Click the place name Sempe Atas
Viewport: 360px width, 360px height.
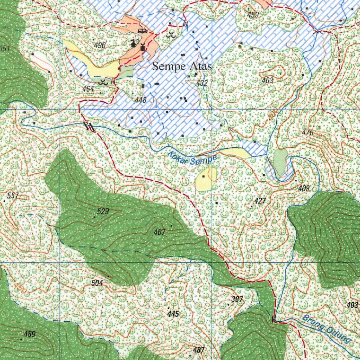pyautogui.click(x=182, y=66)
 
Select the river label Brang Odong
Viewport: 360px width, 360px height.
pyautogui.click(x=327, y=329)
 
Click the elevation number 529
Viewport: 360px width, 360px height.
pyautogui.click(x=103, y=211)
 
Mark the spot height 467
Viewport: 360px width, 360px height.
pyautogui.click(x=159, y=232)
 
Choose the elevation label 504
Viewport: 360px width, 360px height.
pyautogui.click(x=97, y=283)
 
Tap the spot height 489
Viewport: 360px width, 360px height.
pyautogui.click(x=30, y=334)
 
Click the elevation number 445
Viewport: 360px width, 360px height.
pyautogui.click(x=173, y=314)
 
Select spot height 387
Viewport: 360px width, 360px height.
pyautogui.click(x=237, y=300)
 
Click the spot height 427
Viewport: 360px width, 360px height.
pyautogui.click(x=260, y=201)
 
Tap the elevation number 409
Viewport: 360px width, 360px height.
pyautogui.click(x=304, y=188)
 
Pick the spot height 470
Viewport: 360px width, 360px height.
pyautogui.click(x=307, y=133)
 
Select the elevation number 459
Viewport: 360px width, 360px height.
pyautogui.click(x=253, y=15)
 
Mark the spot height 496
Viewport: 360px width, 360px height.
pyautogui.click(x=100, y=45)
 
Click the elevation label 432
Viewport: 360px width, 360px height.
pyautogui.click(x=202, y=83)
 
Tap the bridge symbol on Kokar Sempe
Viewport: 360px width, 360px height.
pyautogui.click(x=90, y=126)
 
